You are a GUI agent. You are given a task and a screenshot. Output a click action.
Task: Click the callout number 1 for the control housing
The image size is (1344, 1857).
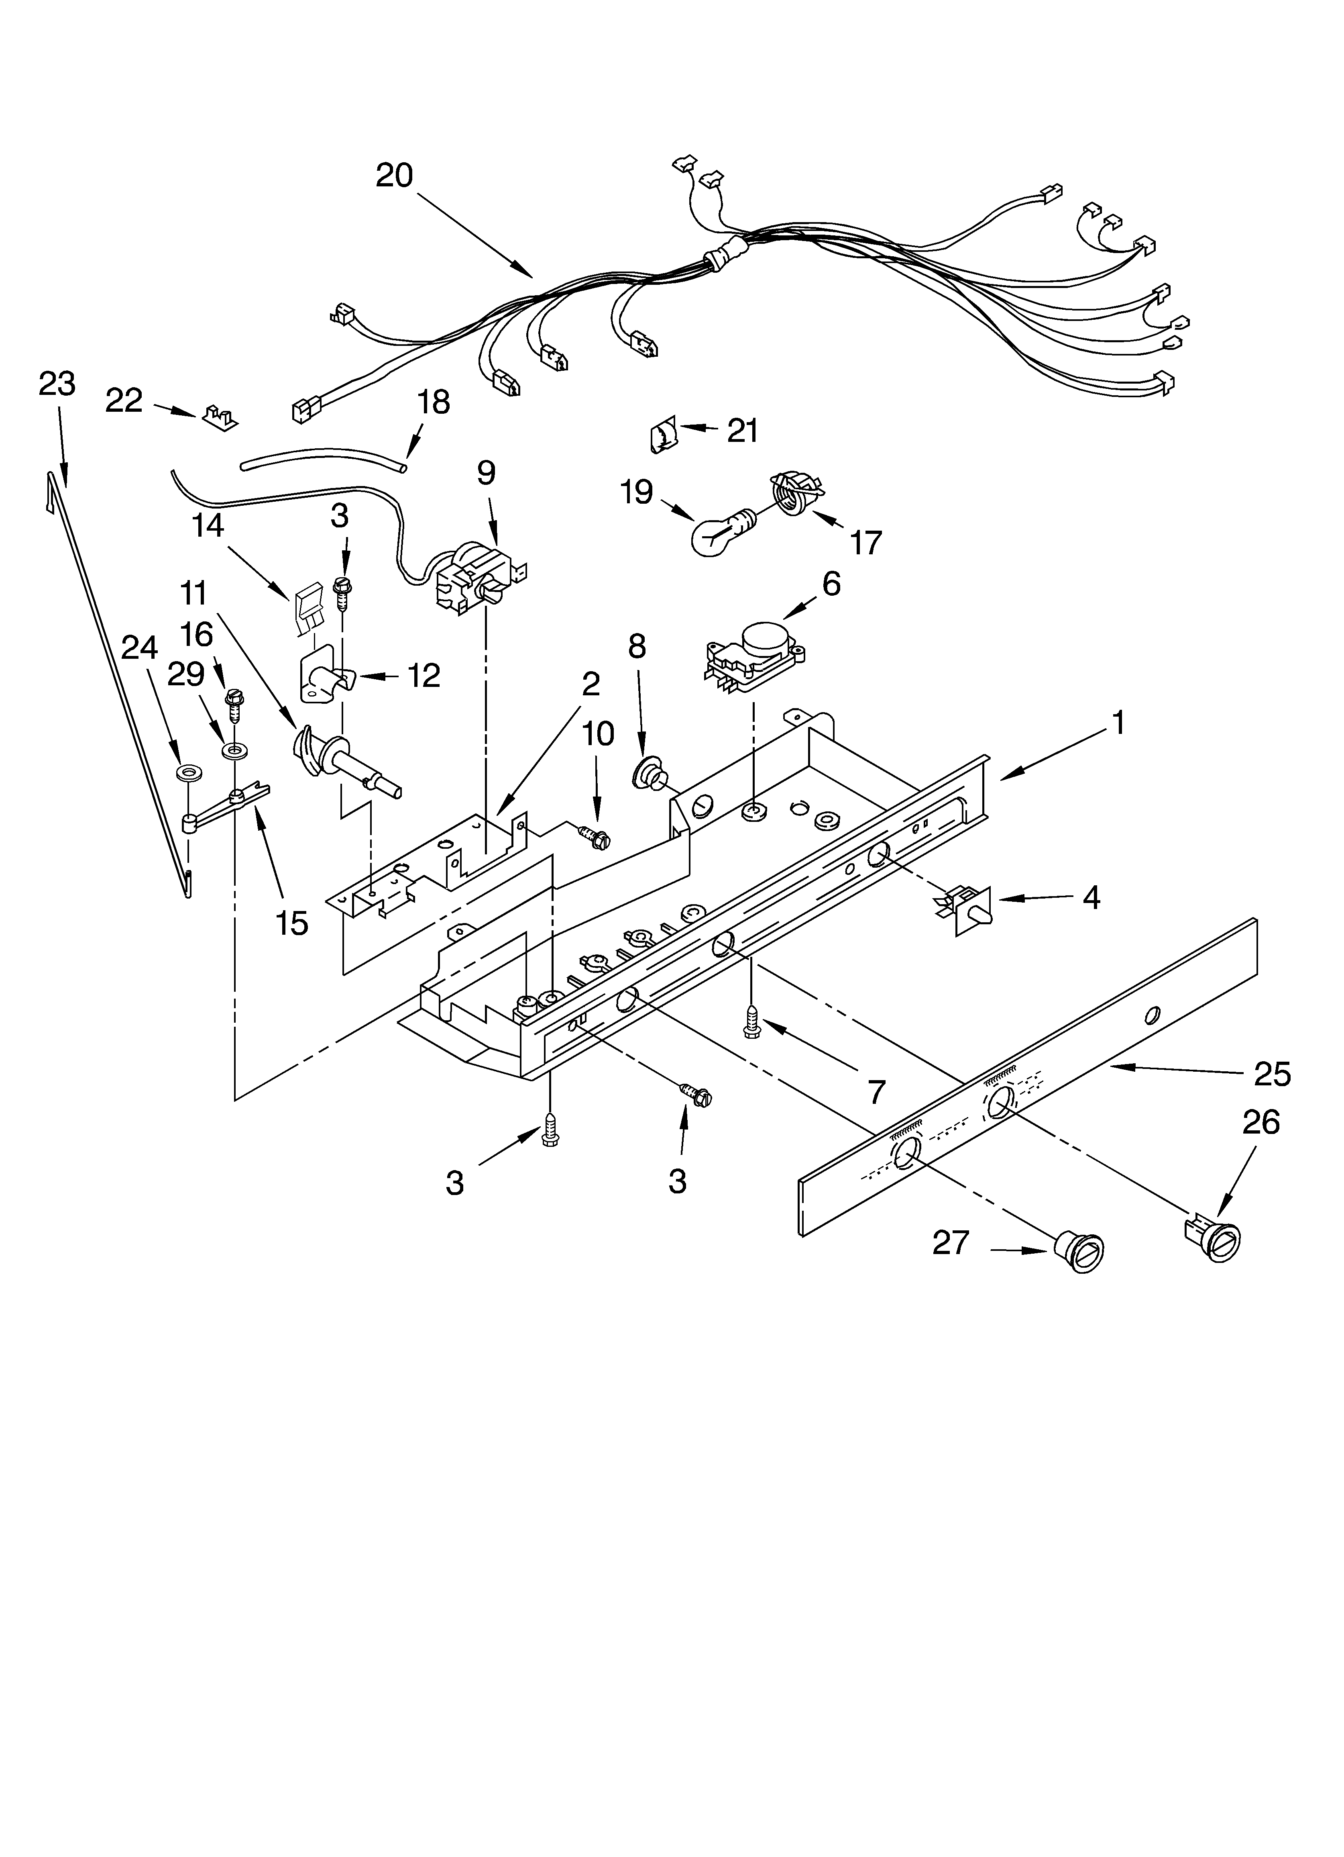pyautogui.click(x=1117, y=724)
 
